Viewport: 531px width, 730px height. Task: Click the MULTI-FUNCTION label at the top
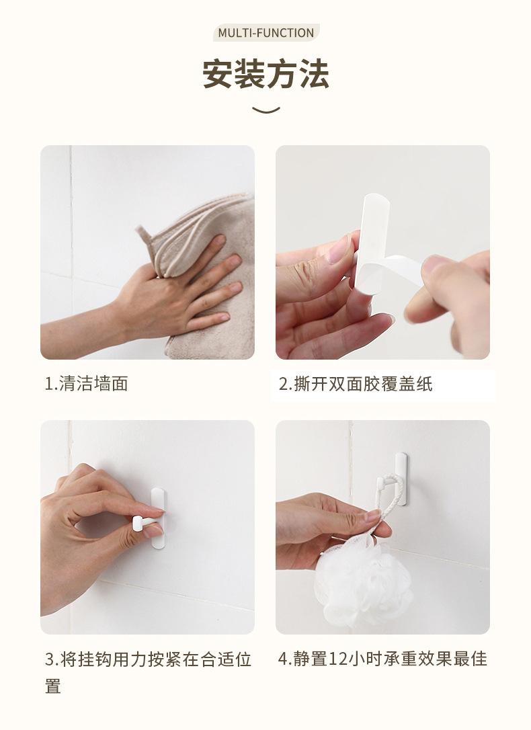click(265, 33)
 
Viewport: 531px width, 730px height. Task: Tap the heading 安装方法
click(265, 73)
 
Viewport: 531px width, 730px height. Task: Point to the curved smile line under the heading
click(265, 110)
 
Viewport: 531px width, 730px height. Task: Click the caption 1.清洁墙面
click(87, 384)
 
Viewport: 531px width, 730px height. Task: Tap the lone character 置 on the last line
click(53, 686)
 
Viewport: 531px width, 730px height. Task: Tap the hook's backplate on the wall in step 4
click(402, 479)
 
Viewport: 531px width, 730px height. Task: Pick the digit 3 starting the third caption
click(49, 659)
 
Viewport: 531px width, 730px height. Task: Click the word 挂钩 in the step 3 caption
click(94, 659)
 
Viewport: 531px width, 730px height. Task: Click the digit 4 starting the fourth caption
click(283, 659)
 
